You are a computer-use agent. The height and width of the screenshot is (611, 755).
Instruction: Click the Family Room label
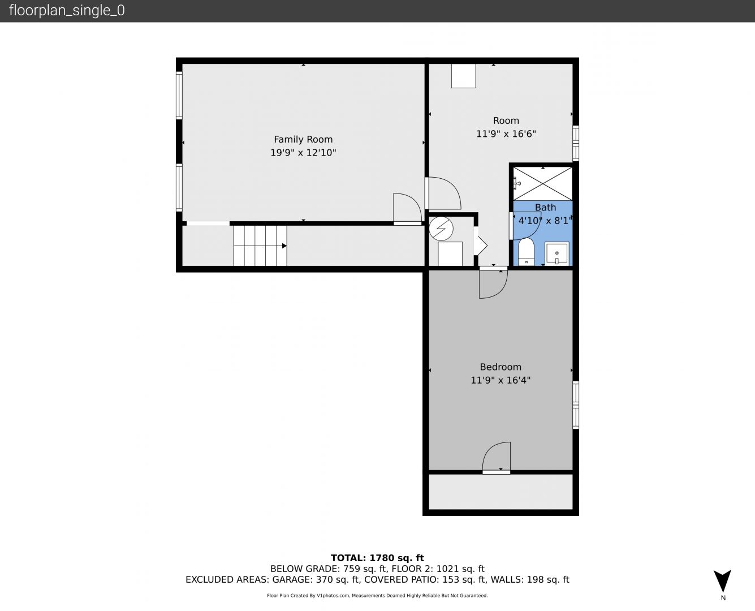coord(303,139)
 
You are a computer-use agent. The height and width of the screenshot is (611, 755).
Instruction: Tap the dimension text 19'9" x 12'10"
coord(303,153)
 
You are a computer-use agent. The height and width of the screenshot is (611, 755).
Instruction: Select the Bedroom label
coord(501,367)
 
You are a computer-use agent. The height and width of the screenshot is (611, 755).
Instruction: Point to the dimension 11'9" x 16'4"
coord(501,380)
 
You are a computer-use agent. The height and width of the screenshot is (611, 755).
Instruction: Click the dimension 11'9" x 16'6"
coord(506,134)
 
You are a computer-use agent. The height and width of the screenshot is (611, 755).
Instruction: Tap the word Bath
coord(545,207)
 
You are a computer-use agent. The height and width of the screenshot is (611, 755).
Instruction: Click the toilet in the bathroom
coord(527,252)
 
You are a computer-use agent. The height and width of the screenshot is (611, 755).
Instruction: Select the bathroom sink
coord(557,253)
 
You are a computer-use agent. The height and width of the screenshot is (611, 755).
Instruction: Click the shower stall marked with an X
coord(543,184)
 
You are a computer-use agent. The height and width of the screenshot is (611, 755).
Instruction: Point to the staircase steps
coord(260,246)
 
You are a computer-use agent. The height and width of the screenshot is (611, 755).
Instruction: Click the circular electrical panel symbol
coord(441,229)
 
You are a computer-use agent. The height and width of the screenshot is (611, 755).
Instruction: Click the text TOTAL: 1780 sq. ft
coord(377,558)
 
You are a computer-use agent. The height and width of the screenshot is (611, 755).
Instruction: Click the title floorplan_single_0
coord(67,10)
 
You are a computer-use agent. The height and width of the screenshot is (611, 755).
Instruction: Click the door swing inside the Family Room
coord(408,209)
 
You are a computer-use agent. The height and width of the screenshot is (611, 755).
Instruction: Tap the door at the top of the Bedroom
coord(493,283)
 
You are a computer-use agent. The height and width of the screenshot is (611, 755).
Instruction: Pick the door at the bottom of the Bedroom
coord(496,458)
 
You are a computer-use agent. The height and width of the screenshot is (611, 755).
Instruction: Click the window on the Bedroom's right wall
coord(576,405)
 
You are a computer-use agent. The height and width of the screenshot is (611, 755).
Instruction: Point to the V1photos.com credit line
coord(377,595)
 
